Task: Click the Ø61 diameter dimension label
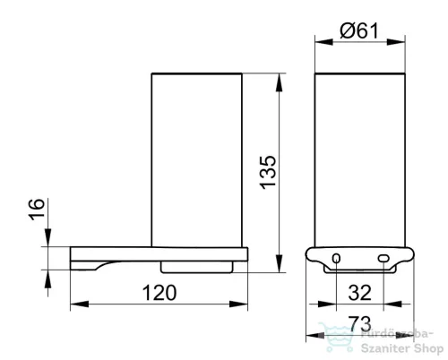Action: (359, 30)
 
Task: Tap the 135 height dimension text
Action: (268, 172)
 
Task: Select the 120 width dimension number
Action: (159, 293)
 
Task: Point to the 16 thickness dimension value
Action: (37, 210)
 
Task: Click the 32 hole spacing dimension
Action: (360, 293)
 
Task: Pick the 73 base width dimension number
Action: (360, 323)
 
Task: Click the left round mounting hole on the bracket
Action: (336, 258)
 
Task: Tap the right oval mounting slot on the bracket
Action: (383, 258)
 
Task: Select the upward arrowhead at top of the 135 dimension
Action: (279, 82)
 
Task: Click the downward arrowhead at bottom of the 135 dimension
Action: (279, 263)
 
